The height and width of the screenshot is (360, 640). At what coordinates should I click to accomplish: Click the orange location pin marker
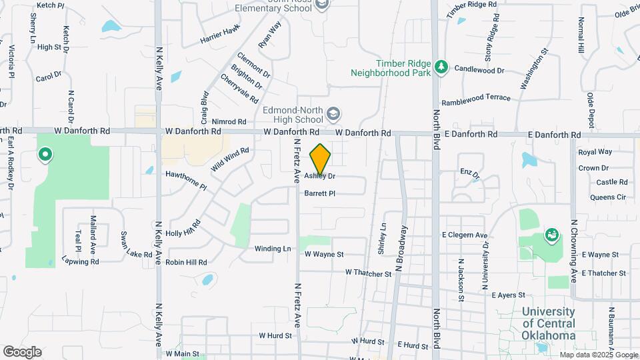click(320, 159)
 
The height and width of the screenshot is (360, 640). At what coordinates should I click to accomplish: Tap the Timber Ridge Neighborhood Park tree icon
click(440, 67)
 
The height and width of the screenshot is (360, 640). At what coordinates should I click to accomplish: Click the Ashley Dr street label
click(319, 177)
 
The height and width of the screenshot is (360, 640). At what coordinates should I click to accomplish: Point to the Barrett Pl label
click(319, 193)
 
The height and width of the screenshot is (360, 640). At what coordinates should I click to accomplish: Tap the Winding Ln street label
click(273, 249)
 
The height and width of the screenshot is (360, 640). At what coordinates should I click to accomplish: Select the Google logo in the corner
click(22, 352)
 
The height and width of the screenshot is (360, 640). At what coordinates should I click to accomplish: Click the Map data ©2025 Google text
click(598, 355)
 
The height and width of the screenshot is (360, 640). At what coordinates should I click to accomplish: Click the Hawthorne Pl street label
click(186, 181)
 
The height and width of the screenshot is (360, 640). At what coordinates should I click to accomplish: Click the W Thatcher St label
click(368, 273)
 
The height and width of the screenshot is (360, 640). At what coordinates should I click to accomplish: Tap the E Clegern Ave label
click(465, 235)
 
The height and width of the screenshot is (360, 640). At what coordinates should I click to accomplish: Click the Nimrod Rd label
click(229, 122)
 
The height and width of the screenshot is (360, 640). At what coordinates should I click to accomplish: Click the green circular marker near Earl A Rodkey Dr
click(45, 156)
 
